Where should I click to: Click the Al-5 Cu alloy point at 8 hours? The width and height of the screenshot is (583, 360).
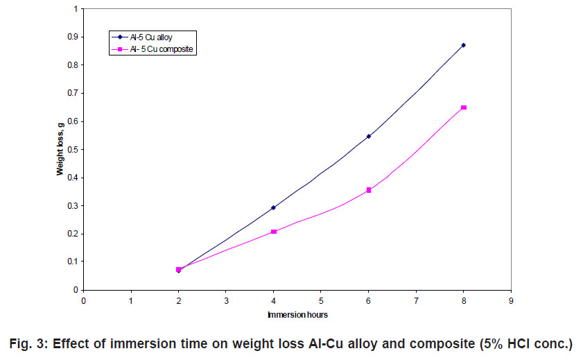(463, 45)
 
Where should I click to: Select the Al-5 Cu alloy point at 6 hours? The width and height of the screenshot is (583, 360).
(368, 136)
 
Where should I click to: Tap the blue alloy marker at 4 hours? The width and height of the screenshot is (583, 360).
(273, 207)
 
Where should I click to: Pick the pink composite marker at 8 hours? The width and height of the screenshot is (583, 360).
(463, 108)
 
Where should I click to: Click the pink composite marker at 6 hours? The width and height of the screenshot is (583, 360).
(368, 190)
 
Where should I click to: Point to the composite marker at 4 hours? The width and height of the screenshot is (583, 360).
(273, 232)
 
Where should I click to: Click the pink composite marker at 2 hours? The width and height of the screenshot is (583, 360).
(178, 269)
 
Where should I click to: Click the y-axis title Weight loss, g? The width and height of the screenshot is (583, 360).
(60, 150)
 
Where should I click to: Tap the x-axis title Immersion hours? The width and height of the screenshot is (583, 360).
(297, 314)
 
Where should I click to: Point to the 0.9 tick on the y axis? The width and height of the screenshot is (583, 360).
(73, 37)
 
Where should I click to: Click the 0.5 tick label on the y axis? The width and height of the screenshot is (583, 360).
(73, 149)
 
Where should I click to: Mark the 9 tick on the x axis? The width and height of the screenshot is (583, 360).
(510, 300)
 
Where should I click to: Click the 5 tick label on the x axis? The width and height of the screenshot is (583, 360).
(320, 300)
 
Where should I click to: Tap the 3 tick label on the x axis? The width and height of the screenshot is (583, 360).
(226, 300)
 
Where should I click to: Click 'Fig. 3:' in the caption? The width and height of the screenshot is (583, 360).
(31, 344)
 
